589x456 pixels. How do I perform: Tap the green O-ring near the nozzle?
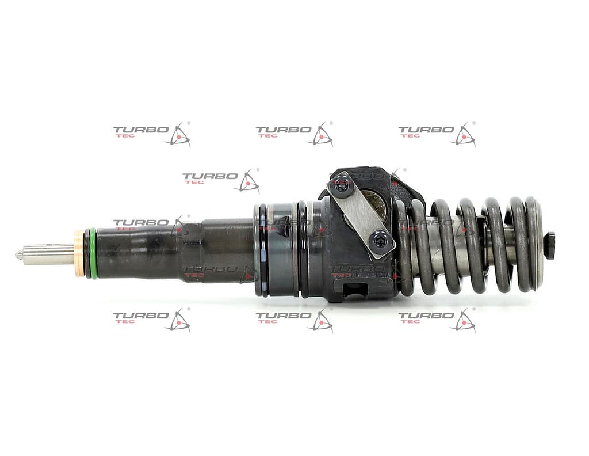tap(93, 253)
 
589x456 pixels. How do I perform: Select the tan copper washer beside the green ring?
tap(79, 253)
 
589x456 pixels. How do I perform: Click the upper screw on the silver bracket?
tap(342, 186)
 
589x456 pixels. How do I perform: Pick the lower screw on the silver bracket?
tap(380, 238)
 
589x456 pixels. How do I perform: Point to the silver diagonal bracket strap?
tap(361, 212)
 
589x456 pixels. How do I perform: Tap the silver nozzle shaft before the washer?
tap(49, 253)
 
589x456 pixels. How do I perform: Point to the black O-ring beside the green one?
tap(86, 253)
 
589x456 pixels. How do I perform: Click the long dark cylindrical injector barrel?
tap(173, 252)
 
